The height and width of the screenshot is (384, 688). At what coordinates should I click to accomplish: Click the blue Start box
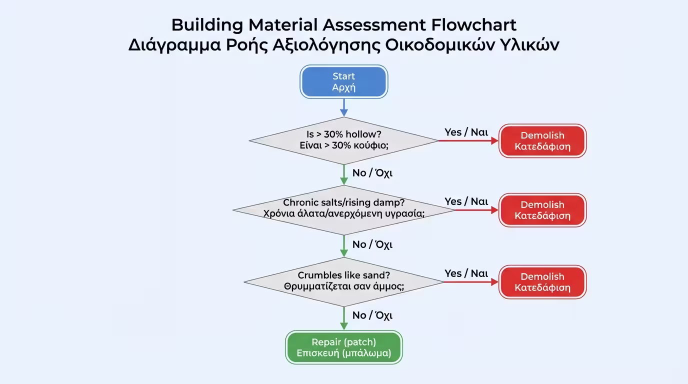[343, 81]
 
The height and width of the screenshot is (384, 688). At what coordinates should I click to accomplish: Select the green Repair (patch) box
[343, 347]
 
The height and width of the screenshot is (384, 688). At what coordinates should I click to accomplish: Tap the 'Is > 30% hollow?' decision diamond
[343, 140]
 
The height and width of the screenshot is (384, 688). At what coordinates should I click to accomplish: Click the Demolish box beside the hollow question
[542, 141]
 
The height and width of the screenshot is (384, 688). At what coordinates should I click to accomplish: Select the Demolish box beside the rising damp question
[542, 210]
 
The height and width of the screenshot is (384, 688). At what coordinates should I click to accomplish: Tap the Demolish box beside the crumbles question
[542, 282]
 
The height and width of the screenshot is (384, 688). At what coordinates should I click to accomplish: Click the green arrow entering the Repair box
[343, 318]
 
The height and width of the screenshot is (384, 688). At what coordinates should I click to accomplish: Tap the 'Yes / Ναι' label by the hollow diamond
[466, 132]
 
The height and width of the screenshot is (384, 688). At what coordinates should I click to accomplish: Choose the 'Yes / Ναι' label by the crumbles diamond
[466, 273]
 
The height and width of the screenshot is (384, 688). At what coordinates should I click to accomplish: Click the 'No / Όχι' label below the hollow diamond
[372, 173]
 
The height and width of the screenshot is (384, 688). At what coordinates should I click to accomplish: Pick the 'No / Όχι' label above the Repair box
[372, 315]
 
